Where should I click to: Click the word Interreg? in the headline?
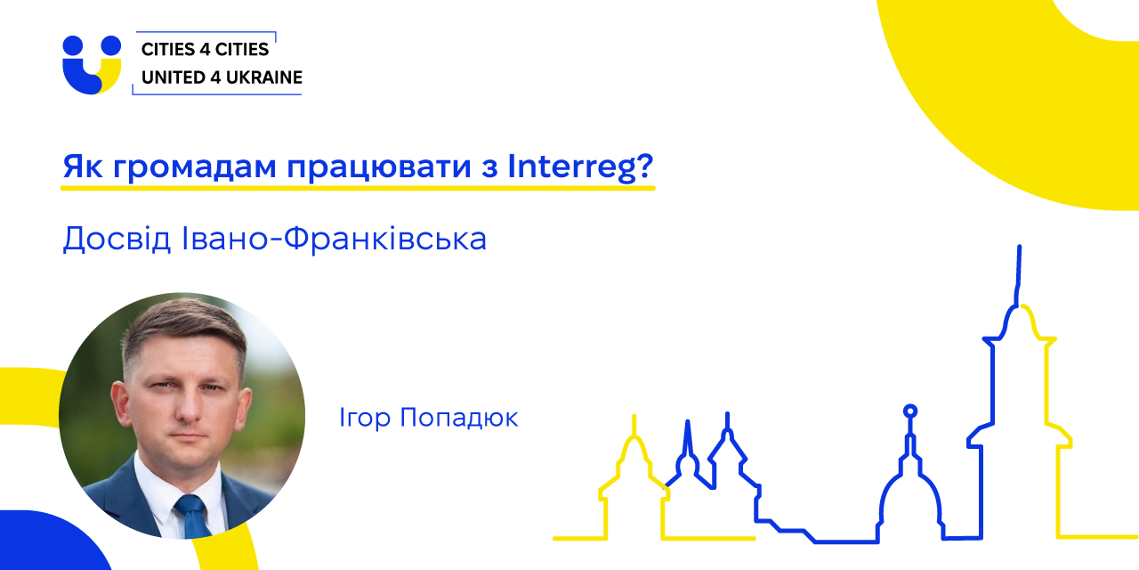[580, 167]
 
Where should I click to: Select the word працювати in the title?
[379, 168]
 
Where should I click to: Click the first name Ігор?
[365, 419]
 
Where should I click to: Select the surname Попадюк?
[459, 419]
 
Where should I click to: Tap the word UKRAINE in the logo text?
[264, 77]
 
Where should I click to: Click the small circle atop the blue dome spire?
[910, 411]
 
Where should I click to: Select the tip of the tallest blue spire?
[1020, 247]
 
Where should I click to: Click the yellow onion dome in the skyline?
[634, 454]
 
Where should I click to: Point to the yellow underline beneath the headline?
[358, 188]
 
